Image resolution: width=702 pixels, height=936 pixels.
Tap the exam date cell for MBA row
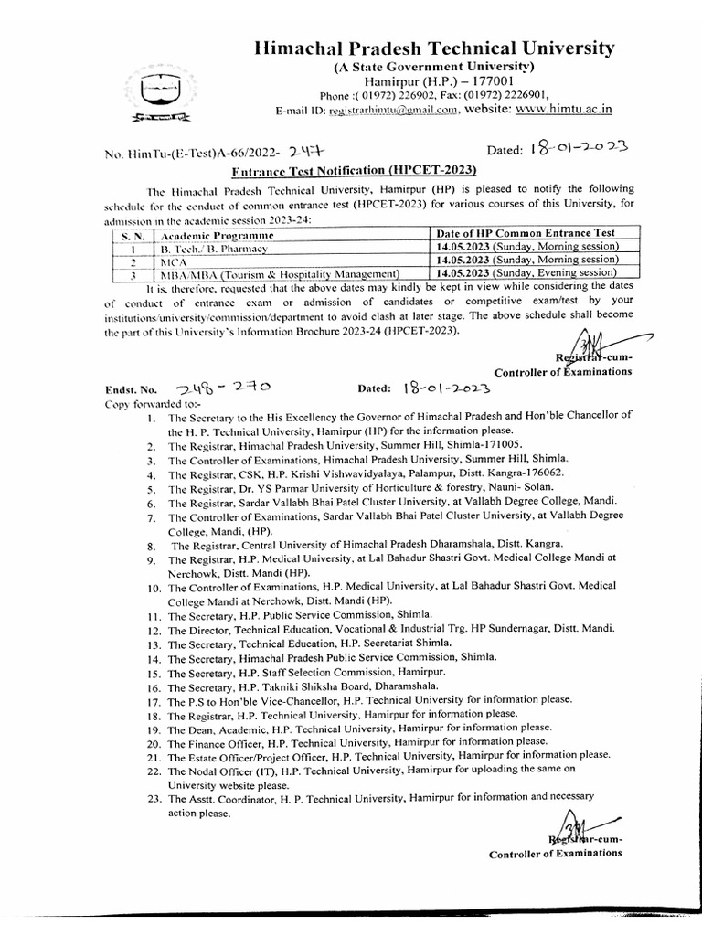526,272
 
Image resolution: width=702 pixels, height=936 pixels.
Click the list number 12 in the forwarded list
152,632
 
